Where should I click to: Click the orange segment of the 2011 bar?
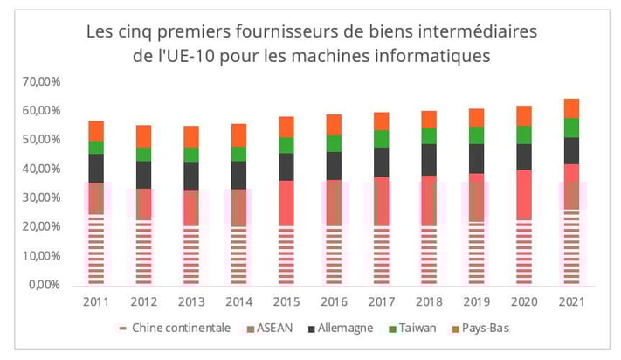point(96,131)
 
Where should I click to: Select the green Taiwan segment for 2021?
point(571,128)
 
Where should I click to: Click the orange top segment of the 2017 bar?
point(381,121)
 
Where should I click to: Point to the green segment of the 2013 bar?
point(191,155)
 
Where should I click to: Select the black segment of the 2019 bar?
point(476,158)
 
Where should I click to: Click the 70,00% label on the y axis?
point(38,82)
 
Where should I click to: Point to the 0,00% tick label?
point(42,285)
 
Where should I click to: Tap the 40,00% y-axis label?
point(38,169)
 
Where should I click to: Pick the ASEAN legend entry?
point(270,329)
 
